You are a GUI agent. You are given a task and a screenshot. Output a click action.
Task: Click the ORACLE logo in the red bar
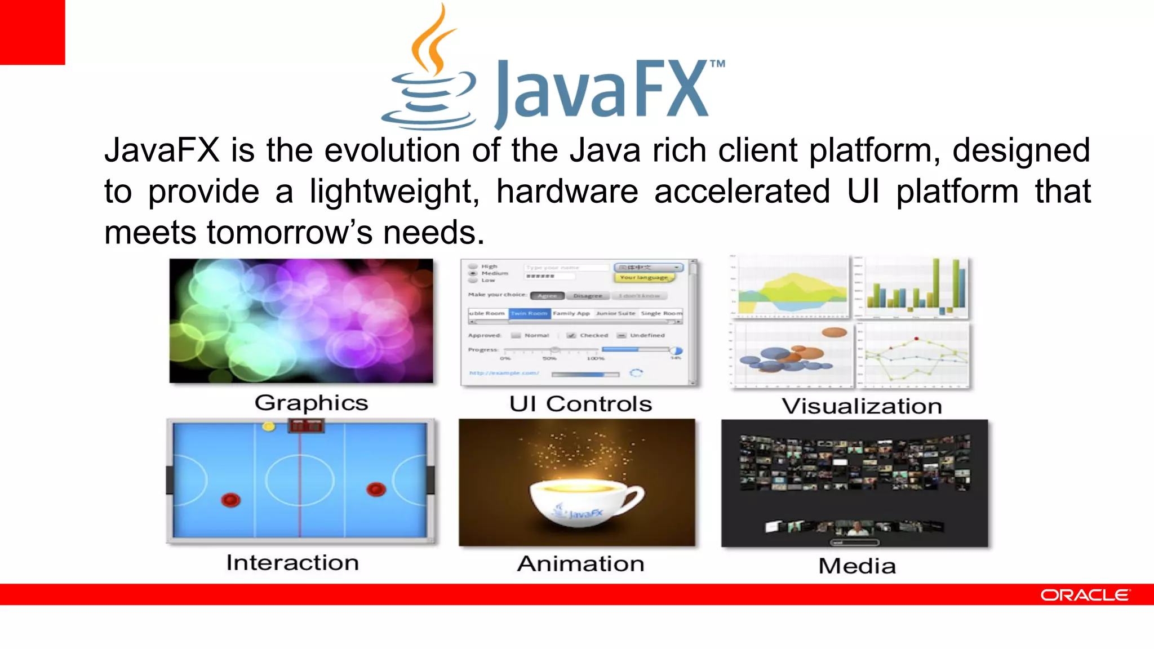coord(1085,595)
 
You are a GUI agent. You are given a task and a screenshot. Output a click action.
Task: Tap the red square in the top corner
coord(32,32)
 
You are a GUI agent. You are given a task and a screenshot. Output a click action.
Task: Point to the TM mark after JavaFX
coord(717,64)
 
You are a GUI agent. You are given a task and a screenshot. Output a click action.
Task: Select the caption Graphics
coord(311,402)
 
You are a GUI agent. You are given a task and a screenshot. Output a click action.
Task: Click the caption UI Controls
coord(580,404)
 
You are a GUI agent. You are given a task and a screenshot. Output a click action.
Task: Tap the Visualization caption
coord(862,406)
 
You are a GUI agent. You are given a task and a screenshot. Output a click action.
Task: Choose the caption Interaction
coord(292,562)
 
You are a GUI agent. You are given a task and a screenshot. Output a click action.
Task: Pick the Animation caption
coord(580,563)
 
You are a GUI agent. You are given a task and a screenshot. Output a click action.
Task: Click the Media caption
coord(857,566)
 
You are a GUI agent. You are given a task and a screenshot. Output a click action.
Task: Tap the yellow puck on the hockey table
coord(269,426)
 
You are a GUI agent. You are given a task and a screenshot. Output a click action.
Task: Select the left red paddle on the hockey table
coord(230,499)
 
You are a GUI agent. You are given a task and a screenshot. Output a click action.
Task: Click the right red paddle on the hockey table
coord(376,489)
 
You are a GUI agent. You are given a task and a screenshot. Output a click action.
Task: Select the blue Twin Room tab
coord(529,313)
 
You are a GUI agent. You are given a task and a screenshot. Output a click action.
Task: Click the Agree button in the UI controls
coord(547,296)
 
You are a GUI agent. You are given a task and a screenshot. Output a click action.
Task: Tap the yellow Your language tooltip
coord(643,277)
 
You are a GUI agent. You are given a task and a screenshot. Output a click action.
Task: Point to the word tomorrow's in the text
coord(290,233)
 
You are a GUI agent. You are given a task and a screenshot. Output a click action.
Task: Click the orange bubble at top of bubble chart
coord(834,332)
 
